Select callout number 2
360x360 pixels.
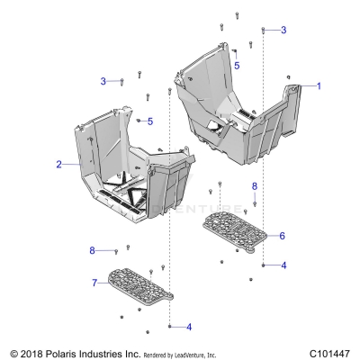click(x=58, y=165)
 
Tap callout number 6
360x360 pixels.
click(x=282, y=236)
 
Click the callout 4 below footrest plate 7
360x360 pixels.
click(x=188, y=326)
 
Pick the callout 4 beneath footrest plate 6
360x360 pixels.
click(x=283, y=265)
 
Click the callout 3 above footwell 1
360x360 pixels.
click(x=283, y=30)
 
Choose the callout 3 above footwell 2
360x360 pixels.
click(x=103, y=81)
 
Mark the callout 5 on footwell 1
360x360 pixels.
click(x=237, y=66)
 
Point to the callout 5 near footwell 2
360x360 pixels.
click(x=151, y=121)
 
